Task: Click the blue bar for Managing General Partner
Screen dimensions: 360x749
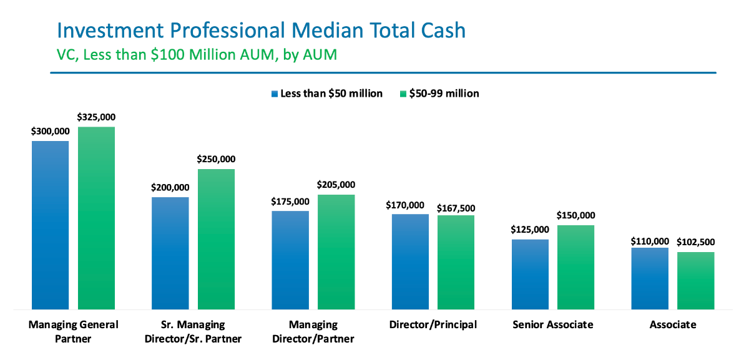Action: click(x=50, y=225)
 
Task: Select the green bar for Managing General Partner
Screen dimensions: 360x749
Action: click(x=96, y=218)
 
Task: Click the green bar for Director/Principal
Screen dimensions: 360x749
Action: click(x=456, y=262)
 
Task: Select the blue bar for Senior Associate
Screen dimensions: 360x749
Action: click(x=530, y=274)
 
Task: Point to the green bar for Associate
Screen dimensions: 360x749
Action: click(x=695, y=280)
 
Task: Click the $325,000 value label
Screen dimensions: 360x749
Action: click(x=96, y=117)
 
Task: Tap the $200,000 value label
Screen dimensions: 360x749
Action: click(x=170, y=187)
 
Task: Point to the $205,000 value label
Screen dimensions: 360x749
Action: click(x=336, y=185)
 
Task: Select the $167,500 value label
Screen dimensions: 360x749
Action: click(x=456, y=207)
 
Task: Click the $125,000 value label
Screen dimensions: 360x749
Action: click(x=530, y=230)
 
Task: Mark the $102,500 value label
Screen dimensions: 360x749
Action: click(x=695, y=242)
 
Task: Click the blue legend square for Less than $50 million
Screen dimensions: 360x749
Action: click(x=273, y=94)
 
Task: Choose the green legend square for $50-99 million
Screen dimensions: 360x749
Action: click(x=402, y=94)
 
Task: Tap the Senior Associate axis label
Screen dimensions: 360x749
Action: click(x=552, y=325)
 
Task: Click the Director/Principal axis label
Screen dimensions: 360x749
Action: click(x=433, y=325)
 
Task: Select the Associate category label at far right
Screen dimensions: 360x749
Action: click(x=672, y=325)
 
